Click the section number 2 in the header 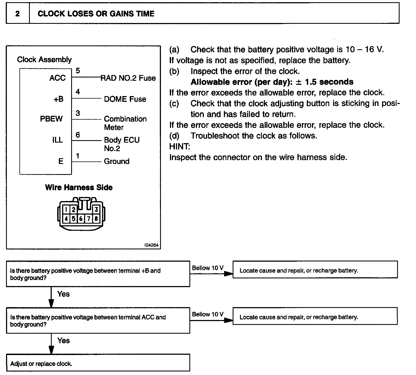[x=18, y=14]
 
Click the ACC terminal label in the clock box [x=57, y=78]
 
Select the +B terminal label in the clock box [x=59, y=99]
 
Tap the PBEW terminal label [x=51, y=119]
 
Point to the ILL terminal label [x=57, y=140]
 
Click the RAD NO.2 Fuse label [x=128, y=78]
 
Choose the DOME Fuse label [x=125, y=99]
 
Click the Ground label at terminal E [x=117, y=161]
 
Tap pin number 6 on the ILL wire [x=78, y=135]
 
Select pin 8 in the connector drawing [x=96, y=219]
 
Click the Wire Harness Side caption [x=79, y=187]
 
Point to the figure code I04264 [x=151, y=245]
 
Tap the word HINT [x=180, y=146]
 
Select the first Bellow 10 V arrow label [x=208, y=268]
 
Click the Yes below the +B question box [x=63, y=294]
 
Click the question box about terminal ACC [x=98, y=321]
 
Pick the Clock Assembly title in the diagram [x=44, y=59]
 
